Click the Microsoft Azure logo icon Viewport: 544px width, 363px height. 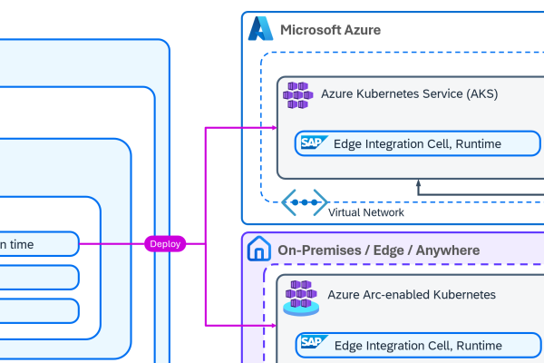tap(261, 29)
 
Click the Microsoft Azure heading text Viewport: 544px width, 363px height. tap(330, 30)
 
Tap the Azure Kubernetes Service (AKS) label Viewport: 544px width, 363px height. tap(409, 93)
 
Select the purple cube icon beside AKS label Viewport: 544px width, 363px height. tap(297, 94)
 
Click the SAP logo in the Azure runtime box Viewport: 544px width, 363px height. tap(314, 143)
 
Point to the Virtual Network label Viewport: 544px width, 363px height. tap(366, 212)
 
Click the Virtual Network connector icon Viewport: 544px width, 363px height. tap(304, 202)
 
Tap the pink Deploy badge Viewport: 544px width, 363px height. tap(165, 243)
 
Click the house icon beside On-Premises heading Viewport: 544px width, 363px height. tap(260, 250)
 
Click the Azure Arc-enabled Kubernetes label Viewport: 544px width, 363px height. tap(412, 295)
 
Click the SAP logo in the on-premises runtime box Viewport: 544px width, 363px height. tap(314, 344)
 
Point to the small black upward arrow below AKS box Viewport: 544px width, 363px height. tap(419, 185)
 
